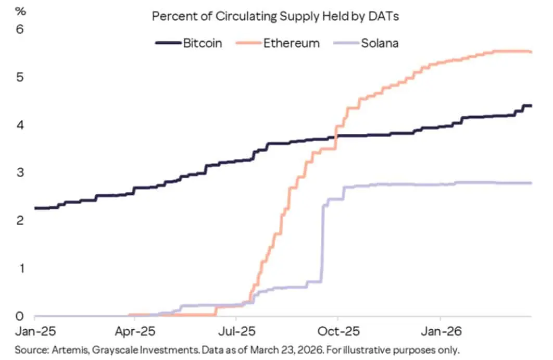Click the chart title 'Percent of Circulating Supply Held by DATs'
click(x=275, y=16)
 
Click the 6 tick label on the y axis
click(x=20, y=30)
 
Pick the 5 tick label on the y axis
click(x=20, y=78)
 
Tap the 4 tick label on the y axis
click(x=20, y=125)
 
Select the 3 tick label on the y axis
click(x=20, y=173)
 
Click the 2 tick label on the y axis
click(x=20, y=221)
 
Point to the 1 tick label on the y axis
click(x=20, y=268)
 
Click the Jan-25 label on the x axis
click(x=34, y=331)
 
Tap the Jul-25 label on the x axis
click(x=236, y=331)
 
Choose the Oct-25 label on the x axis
click(x=337, y=331)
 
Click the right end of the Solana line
click(x=531, y=183)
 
